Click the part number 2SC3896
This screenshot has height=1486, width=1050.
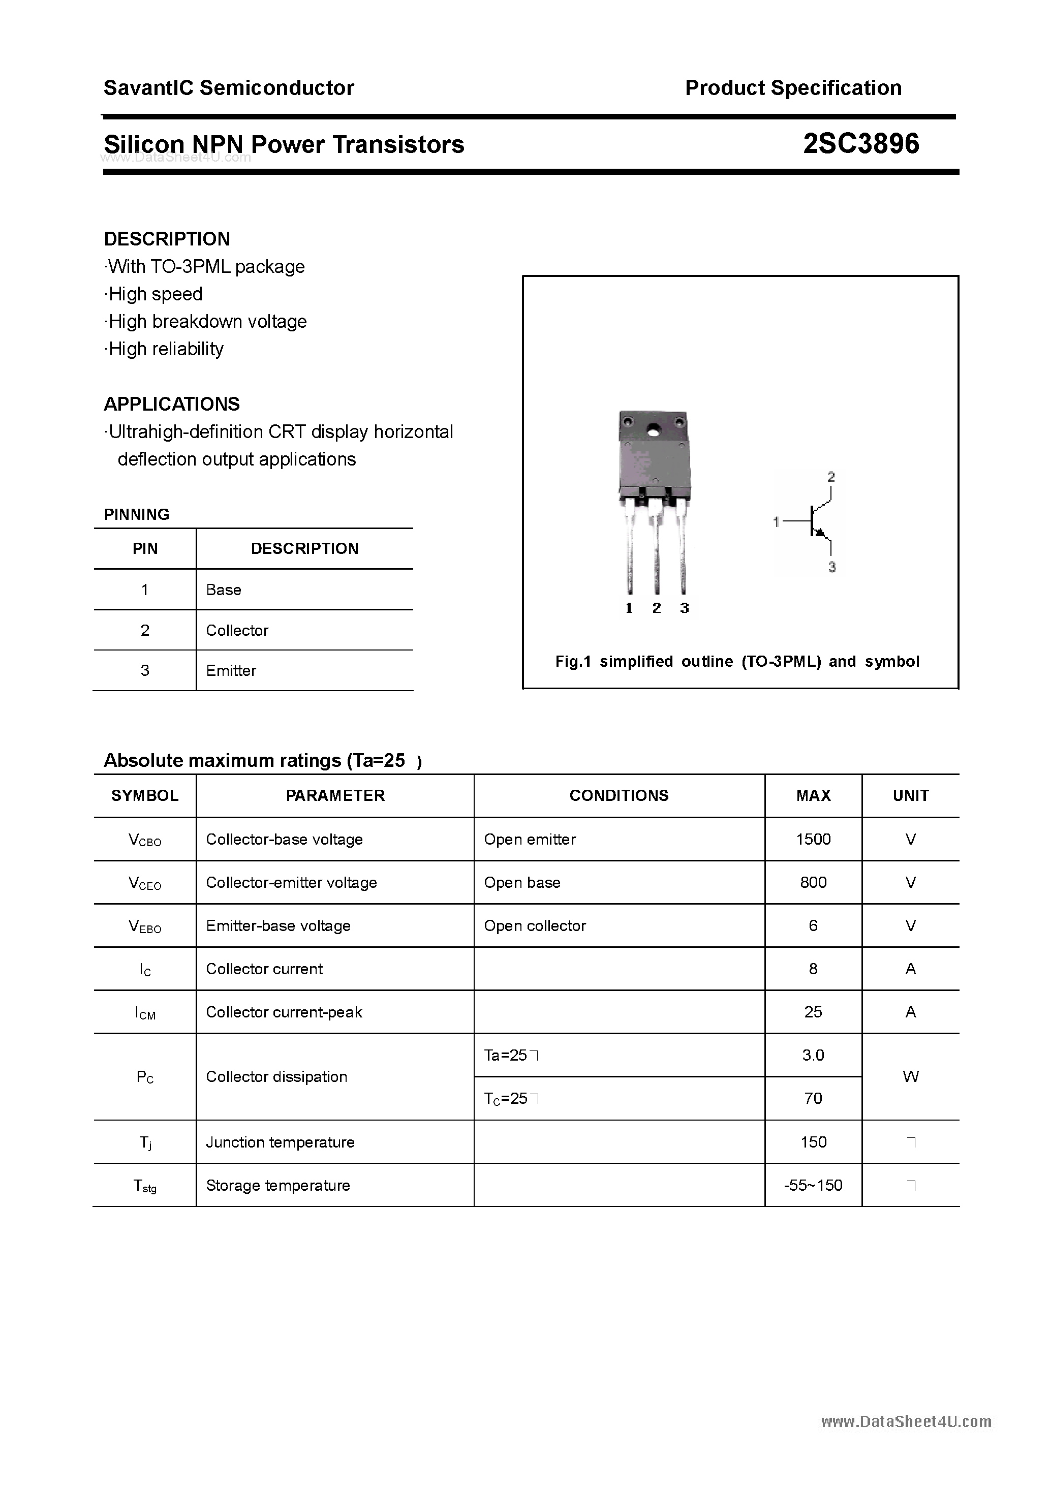click(860, 144)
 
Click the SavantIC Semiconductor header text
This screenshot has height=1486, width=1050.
click(229, 88)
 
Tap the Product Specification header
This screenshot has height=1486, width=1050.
click(793, 88)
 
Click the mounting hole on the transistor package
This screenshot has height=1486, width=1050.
click(654, 429)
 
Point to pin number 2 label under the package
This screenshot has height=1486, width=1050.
click(657, 608)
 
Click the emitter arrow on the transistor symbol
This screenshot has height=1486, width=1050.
click(820, 532)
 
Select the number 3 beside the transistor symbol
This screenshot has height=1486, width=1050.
click(832, 567)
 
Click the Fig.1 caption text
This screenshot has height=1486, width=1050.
click(737, 662)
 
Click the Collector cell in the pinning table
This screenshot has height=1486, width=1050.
click(237, 630)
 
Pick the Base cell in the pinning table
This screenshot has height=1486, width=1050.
click(223, 590)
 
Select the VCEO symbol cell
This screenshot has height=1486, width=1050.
click(145, 883)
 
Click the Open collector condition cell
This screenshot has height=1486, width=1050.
click(535, 925)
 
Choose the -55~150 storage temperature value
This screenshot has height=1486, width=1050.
click(813, 1185)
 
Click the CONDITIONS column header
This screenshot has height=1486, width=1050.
click(619, 795)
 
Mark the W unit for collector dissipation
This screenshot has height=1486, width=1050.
click(910, 1076)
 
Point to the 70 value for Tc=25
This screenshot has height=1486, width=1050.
click(813, 1098)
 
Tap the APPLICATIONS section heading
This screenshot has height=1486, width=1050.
click(172, 404)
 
